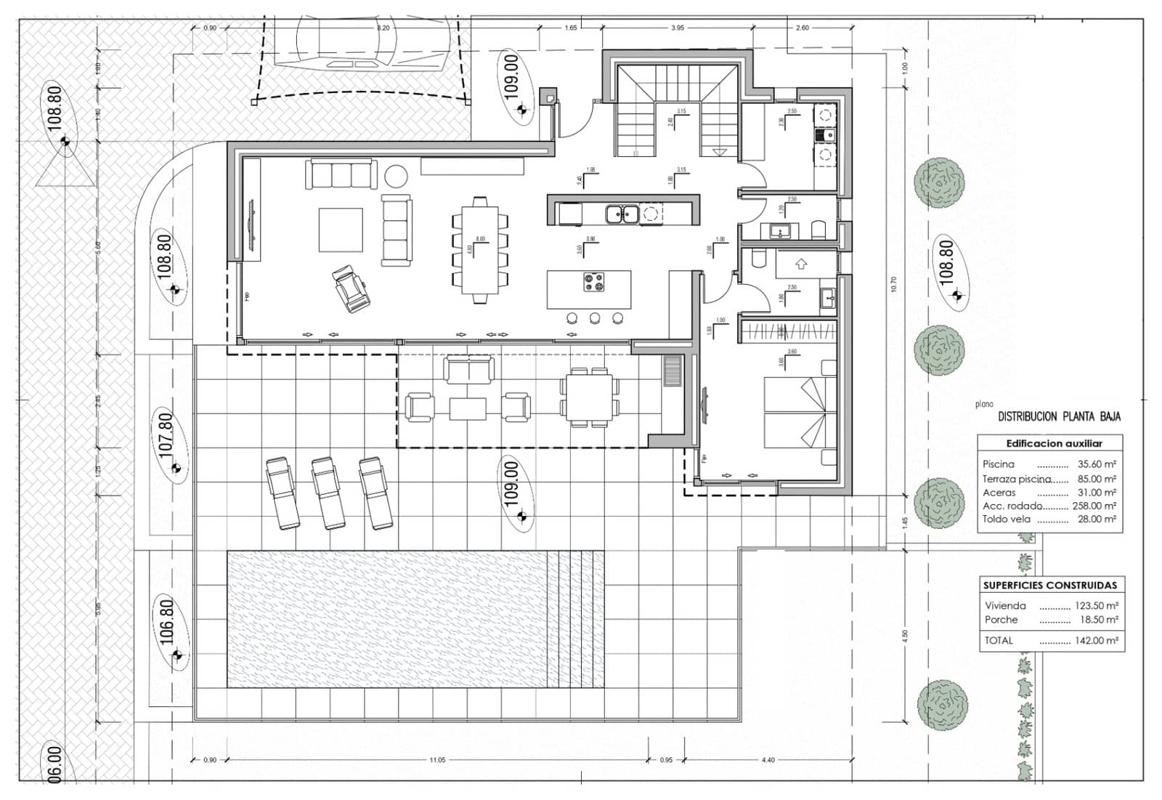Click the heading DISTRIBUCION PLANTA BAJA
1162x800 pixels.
pyautogui.click(x=1059, y=417)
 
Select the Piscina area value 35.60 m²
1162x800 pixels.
pyautogui.click(x=1097, y=464)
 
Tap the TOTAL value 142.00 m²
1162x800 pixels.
pyautogui.click(x=1097, y=641)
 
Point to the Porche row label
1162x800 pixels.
pyautogui.click(x=1001, y=620)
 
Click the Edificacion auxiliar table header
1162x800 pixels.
pyautogui.click(x=1054, y=443)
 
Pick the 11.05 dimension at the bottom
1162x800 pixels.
pyautogui.click(x=437, y=760)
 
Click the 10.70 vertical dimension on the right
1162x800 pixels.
pyautogui.click(x=893, y=284)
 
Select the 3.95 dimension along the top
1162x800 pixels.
pyautogui.click(x=678, y=28)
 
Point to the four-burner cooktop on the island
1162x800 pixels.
pyautogui.click(x=593, y=282)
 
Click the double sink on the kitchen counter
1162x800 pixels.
pyautogui.click(x=622, y=214)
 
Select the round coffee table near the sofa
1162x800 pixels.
pyautogui.click(x=396, y=176)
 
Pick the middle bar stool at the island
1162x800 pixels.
pyautogui.click(x=595, y=318)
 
